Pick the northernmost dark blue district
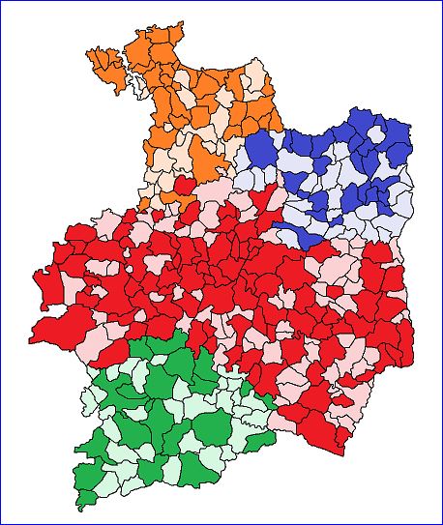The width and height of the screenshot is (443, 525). point(358,121)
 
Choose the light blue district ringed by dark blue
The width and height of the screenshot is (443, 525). point(334,174)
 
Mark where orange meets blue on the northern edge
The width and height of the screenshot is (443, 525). point(281,129)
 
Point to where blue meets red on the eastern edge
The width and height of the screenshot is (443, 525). point(399,253)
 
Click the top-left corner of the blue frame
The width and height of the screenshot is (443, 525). point(1,1)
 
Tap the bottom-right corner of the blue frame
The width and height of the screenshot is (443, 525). point(441,523)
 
